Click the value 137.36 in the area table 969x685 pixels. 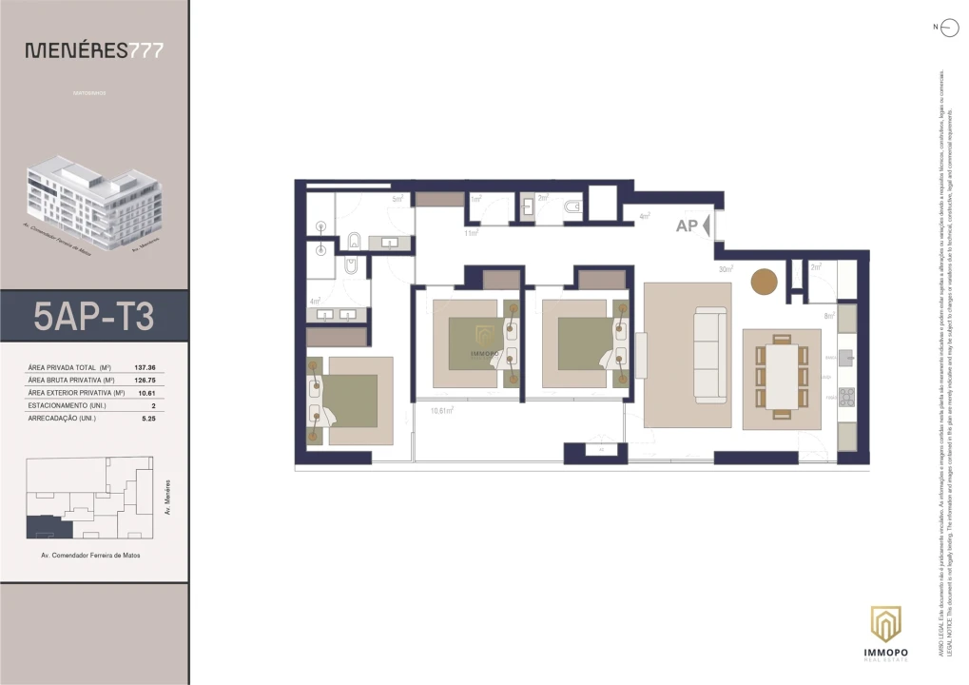(145, 367)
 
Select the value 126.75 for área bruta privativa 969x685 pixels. (145, 380)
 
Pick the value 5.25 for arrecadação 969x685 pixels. (147, 417)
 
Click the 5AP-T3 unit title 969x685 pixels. (93, 316)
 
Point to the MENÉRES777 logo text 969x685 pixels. (93, 50)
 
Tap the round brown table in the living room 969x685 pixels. (765, 282)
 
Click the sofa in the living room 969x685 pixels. (709, 353)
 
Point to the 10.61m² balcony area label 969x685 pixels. (440, 410)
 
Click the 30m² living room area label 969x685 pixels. (726, 269)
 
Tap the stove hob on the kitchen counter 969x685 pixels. (846, 397)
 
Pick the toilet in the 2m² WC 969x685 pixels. (572, 206)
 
